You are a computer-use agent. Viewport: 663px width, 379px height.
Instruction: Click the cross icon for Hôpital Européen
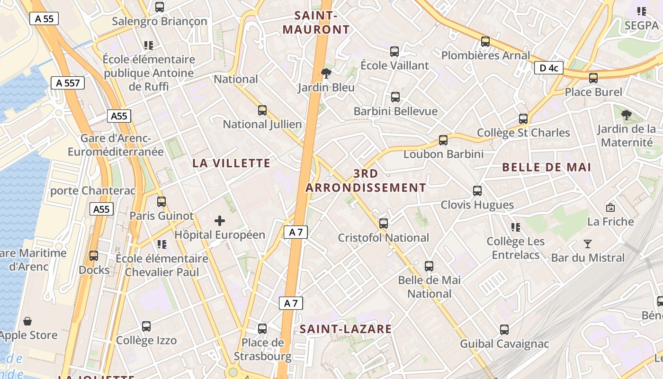(x=220, y=220)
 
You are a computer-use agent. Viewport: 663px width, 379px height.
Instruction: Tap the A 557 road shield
(x=68, y=83)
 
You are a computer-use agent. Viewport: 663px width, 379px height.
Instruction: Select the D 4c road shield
(x=548, y=68)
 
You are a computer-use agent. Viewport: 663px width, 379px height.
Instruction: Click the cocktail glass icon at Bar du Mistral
(x=588, y=244)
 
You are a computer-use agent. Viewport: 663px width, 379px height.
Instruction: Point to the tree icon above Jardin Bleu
(x=326, y=73)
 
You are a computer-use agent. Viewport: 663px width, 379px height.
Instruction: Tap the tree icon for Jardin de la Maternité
(x=627, y=114)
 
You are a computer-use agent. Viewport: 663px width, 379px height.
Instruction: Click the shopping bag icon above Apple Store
(x=27, y=321)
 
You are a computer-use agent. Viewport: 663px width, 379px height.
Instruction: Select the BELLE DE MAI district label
(x=547, y=167)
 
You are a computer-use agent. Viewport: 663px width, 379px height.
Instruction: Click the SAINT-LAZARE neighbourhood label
(x=346, y=329)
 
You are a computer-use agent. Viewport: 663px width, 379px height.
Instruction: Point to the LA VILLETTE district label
(x=232, y=163)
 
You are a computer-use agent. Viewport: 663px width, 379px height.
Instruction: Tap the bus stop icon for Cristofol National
(x=384, y=223)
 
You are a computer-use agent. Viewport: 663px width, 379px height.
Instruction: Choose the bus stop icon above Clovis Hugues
(x=477, y=191)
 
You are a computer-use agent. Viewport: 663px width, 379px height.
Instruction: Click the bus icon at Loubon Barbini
(x=443, y=140)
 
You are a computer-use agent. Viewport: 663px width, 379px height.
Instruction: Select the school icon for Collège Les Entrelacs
(x=516, y=227)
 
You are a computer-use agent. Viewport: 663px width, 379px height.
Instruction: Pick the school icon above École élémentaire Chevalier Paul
(x=162, y=244)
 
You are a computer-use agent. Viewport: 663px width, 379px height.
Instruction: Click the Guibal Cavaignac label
(x=504, y=344)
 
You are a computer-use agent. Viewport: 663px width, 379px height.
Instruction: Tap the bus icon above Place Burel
(x=593, y=78)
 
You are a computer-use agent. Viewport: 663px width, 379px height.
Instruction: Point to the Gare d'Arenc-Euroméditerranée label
(x=116, y=145)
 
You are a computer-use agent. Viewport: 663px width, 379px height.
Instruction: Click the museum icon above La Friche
(x=610, y=208)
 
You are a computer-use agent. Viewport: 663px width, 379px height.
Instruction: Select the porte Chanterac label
(x=93, y=190)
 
